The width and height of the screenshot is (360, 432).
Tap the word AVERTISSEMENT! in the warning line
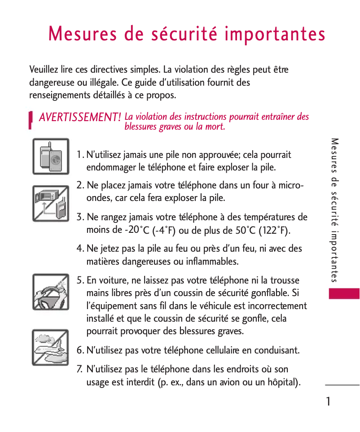80,118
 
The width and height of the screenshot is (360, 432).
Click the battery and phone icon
51,156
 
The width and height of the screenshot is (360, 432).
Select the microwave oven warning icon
51,203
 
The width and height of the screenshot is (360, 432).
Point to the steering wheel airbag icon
51,292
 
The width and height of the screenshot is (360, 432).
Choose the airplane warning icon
51,347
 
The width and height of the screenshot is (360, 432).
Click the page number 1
329,401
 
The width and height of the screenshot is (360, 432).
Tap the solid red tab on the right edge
344,294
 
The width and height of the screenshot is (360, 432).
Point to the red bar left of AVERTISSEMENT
30,120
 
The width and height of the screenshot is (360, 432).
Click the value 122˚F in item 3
275,231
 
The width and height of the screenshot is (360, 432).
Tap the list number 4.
79,249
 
